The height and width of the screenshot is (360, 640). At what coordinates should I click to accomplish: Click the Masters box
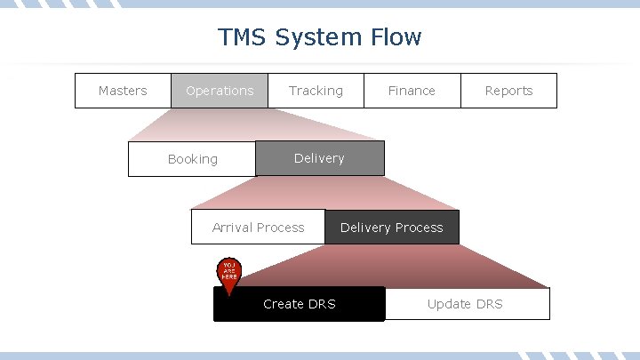pos(123,91)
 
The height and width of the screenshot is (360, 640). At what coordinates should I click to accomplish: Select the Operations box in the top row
pos(220,91)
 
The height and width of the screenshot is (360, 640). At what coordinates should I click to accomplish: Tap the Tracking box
pos(316,91)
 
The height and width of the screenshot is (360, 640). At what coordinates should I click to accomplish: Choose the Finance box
pos(412,91)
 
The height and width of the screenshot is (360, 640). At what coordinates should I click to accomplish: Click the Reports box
pos(508,91)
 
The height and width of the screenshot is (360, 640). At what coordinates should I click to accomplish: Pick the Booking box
pos(192,159)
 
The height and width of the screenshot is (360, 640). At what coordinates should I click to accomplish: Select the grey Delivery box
pos(319,158)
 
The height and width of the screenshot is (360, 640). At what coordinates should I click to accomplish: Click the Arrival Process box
pos(258,228)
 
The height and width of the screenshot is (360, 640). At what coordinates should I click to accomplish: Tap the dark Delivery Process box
pos(391,228)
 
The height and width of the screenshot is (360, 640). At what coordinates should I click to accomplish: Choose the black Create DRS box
pos(299,304)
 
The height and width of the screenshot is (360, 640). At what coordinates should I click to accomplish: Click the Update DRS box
pos(466,304)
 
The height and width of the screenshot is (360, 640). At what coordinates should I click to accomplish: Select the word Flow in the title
pos(395,37)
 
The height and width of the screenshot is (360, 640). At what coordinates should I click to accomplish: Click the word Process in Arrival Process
pos(280,228)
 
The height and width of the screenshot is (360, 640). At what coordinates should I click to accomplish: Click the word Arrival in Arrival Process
pos(232,228)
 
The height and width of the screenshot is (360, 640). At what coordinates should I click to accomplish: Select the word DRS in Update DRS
pos(489,304)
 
